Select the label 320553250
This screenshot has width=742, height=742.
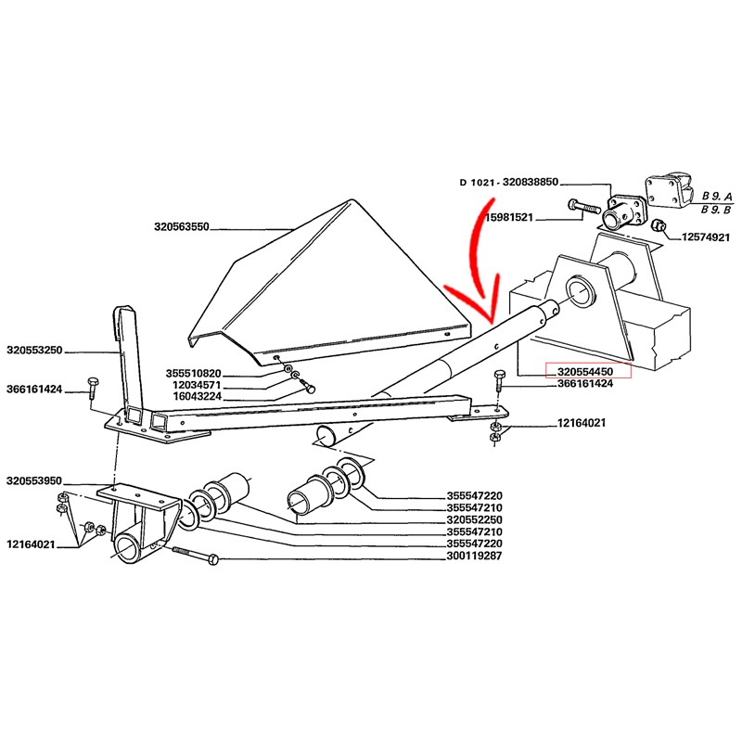pyautogui.click(x=33, y=352)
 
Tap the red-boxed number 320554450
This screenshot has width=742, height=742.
pyautogui.click(x=586, y=372)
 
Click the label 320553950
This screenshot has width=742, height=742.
pyautogui.click(x=33, y=480)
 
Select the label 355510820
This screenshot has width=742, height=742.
pyautogui.click(x=194, y=373)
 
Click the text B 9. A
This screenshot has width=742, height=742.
pyautogui.click(x=717, y=197)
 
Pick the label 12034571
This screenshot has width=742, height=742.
pyautogui.click(x=194, y=384)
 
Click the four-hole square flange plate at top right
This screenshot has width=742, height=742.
pyautogui.click(x=664, y=193)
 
